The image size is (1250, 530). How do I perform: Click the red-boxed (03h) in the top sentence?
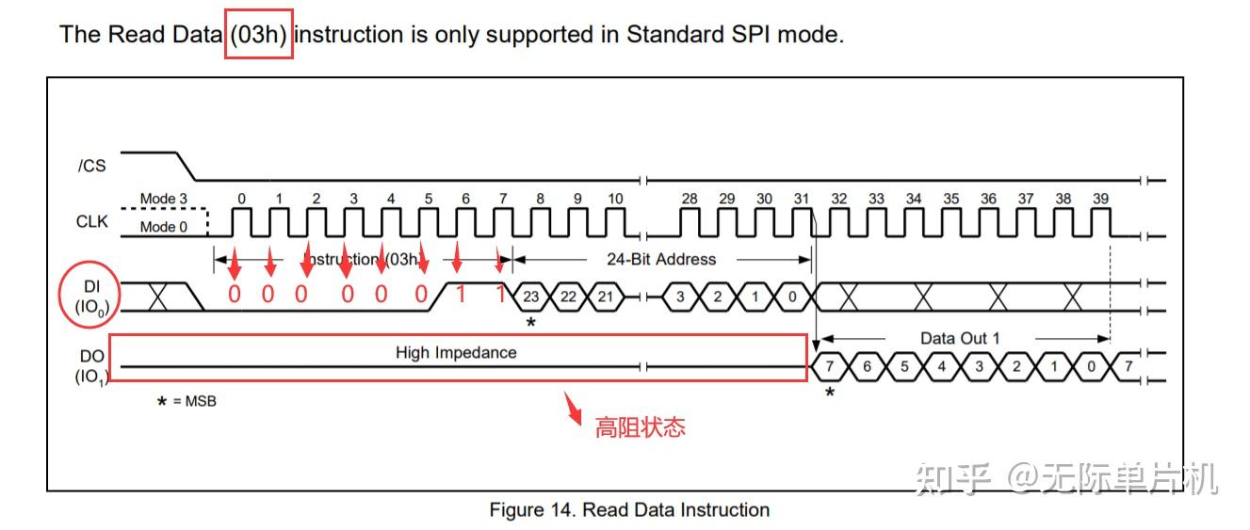pyautogui.click(x=259, y=35)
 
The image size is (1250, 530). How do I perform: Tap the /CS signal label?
pyautogui.click(x=91, y=166)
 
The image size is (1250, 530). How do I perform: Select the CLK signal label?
pyautogui.click(x=92, y=222)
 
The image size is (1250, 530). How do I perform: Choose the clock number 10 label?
pyautogui.click(x=614, y=199)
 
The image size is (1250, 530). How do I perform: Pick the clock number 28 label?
pyautogui.click(x=690, y=199)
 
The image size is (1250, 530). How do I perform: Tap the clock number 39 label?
pyautogui.click(x=1100, y=199)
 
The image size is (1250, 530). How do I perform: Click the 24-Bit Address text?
pyautogui.click(x=660, y=259)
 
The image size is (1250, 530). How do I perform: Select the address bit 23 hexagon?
pyautogui.click(x=531, y=297)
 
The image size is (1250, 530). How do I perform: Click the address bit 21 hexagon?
pyautogui.click(x=606, y=297)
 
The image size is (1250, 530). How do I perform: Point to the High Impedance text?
pyautogui.click(x=456, y=353)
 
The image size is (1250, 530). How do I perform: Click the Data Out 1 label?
pyautogui.click(x=960, y=338)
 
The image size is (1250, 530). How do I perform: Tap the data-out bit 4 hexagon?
pyautogui.click(x=941, y=366)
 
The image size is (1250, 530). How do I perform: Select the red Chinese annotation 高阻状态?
pyautogui.click(x=640, y=427)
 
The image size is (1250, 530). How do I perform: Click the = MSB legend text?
pyautogui.click(x=193, y=402)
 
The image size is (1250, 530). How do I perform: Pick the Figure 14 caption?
pyautogui.click(x=629, y=510)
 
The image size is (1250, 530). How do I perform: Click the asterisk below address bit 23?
pyautogui.click(x=530, y=323)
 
